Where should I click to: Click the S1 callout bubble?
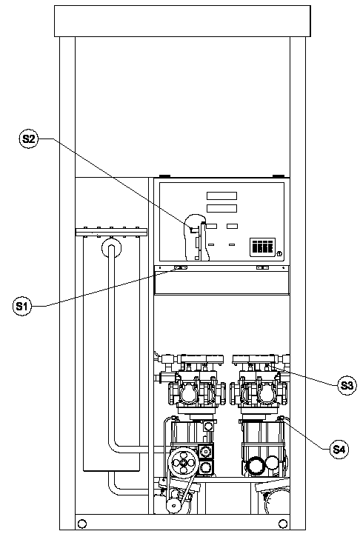click(x=21, y=306)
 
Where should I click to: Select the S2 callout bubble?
click(x=29, y=139)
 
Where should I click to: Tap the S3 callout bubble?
click(x=347, y=386)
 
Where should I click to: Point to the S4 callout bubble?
click(x=339, y=450)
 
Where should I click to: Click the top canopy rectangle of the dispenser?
click(x=182, y=21)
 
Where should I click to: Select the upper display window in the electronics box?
click(x=221, y=196)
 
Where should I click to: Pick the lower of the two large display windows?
click(x=221, y=208)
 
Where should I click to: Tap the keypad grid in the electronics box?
click(x=262, y=247)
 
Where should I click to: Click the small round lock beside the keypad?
click(x=279, y=253)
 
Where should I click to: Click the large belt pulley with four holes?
click(x=184, y=463)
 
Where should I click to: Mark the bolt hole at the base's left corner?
click(x=82, y=523)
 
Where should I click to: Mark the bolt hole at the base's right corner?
click(x=283, y=523)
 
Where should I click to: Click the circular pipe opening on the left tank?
click(x=111, y=247)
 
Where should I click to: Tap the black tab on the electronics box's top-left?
click(x=165, y=176)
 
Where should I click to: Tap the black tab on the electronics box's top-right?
click(x=279, y=176)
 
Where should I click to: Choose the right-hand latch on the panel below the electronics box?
click(x=262, y=268)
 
